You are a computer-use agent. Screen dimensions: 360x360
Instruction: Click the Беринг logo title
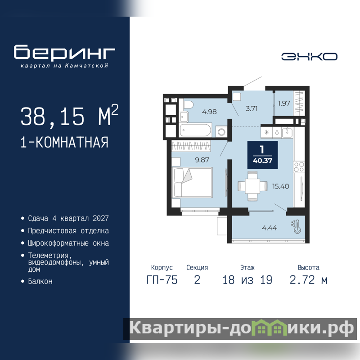tap(64, 52)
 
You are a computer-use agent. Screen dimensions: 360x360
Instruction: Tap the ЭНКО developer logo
tap(309, 57)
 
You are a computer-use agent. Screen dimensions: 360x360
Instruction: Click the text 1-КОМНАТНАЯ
tap(64, 142)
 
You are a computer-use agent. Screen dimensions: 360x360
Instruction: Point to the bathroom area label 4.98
tap(209, 112)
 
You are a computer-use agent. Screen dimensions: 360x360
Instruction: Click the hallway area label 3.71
tap(252, 108)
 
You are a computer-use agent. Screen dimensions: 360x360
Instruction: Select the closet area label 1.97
tap(284, 103)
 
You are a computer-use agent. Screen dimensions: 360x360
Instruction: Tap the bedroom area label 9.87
tap(202, 160)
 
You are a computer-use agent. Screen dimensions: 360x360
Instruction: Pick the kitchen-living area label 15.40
tap(280, 186)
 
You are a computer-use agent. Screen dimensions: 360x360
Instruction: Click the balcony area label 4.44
tap(269, 228)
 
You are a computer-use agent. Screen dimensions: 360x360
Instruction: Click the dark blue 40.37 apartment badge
tap(262, 155)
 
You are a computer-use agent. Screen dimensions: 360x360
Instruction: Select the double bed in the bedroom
tap(192, 182)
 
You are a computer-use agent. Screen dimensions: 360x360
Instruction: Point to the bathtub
tap(195, 130)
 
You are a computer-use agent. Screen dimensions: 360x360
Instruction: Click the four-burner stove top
tap(299, 167)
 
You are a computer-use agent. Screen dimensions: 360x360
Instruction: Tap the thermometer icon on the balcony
tap(296, 227)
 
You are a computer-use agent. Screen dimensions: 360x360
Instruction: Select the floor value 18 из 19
tap(247, 280)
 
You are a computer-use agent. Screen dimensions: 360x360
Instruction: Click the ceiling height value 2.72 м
tap(308, 280)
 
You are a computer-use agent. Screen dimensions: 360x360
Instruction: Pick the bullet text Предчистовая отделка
tap(68, 231)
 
